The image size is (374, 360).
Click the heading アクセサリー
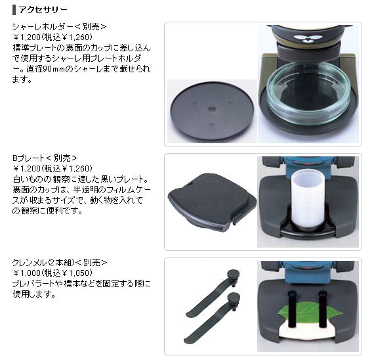click(x=43, y=10)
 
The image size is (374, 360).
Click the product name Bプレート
click(x=28, y=158)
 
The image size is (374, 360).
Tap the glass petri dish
click(x=308, y=93)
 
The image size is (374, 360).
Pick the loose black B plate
click(x=212, y=202)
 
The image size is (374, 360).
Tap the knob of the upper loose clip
click(x=233, y=274)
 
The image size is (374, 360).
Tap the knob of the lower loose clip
click(x=234, y=298)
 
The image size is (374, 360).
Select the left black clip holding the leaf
click(x=291, y=309)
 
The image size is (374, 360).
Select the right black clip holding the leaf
click(x=322, y=309)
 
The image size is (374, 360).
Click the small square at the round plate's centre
click(x=211, y=108)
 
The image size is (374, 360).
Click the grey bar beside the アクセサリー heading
click(x=14, y=10)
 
